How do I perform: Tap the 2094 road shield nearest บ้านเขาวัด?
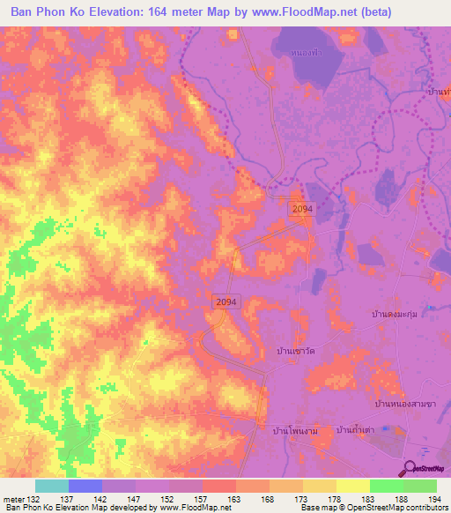[x=225, y=301]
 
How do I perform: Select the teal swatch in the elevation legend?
[x=52, y=486]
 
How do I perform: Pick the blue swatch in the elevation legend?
[x=85, y=486]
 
